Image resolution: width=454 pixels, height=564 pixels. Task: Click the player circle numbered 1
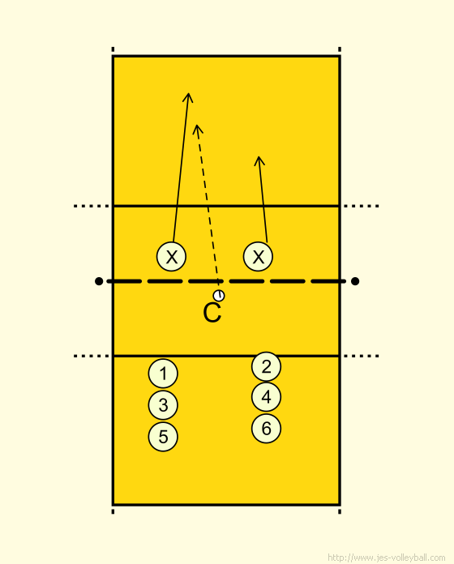tap(163, 374)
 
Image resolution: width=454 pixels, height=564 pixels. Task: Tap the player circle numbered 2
tap(266, 366)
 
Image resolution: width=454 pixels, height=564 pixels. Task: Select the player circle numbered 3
tap(163, 405)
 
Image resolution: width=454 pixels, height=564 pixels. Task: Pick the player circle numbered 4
tap(266, 397)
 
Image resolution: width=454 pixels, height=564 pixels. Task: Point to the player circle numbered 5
tap(163, 437)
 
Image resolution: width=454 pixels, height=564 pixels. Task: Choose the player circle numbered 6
tap(266, 428)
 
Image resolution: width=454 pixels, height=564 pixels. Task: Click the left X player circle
tap(171, 256)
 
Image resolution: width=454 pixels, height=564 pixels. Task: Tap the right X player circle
tap(258, 256)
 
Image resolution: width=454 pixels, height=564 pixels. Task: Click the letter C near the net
tap(212, 313)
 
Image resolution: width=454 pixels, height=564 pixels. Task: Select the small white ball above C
tap(219, 295)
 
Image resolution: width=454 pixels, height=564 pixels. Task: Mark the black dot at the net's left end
tap(99, 281)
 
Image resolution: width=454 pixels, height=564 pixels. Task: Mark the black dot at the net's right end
tap(355, 281)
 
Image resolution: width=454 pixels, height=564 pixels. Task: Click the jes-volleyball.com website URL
tap(387, 558)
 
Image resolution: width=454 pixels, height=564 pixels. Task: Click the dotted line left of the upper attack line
tap(92, 206)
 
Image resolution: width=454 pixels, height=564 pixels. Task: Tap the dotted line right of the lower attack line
tap(362, 356)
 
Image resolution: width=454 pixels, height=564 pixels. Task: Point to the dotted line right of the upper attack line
tap(362, 206)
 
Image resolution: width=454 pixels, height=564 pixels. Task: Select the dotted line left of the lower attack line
tap(92, 356)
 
